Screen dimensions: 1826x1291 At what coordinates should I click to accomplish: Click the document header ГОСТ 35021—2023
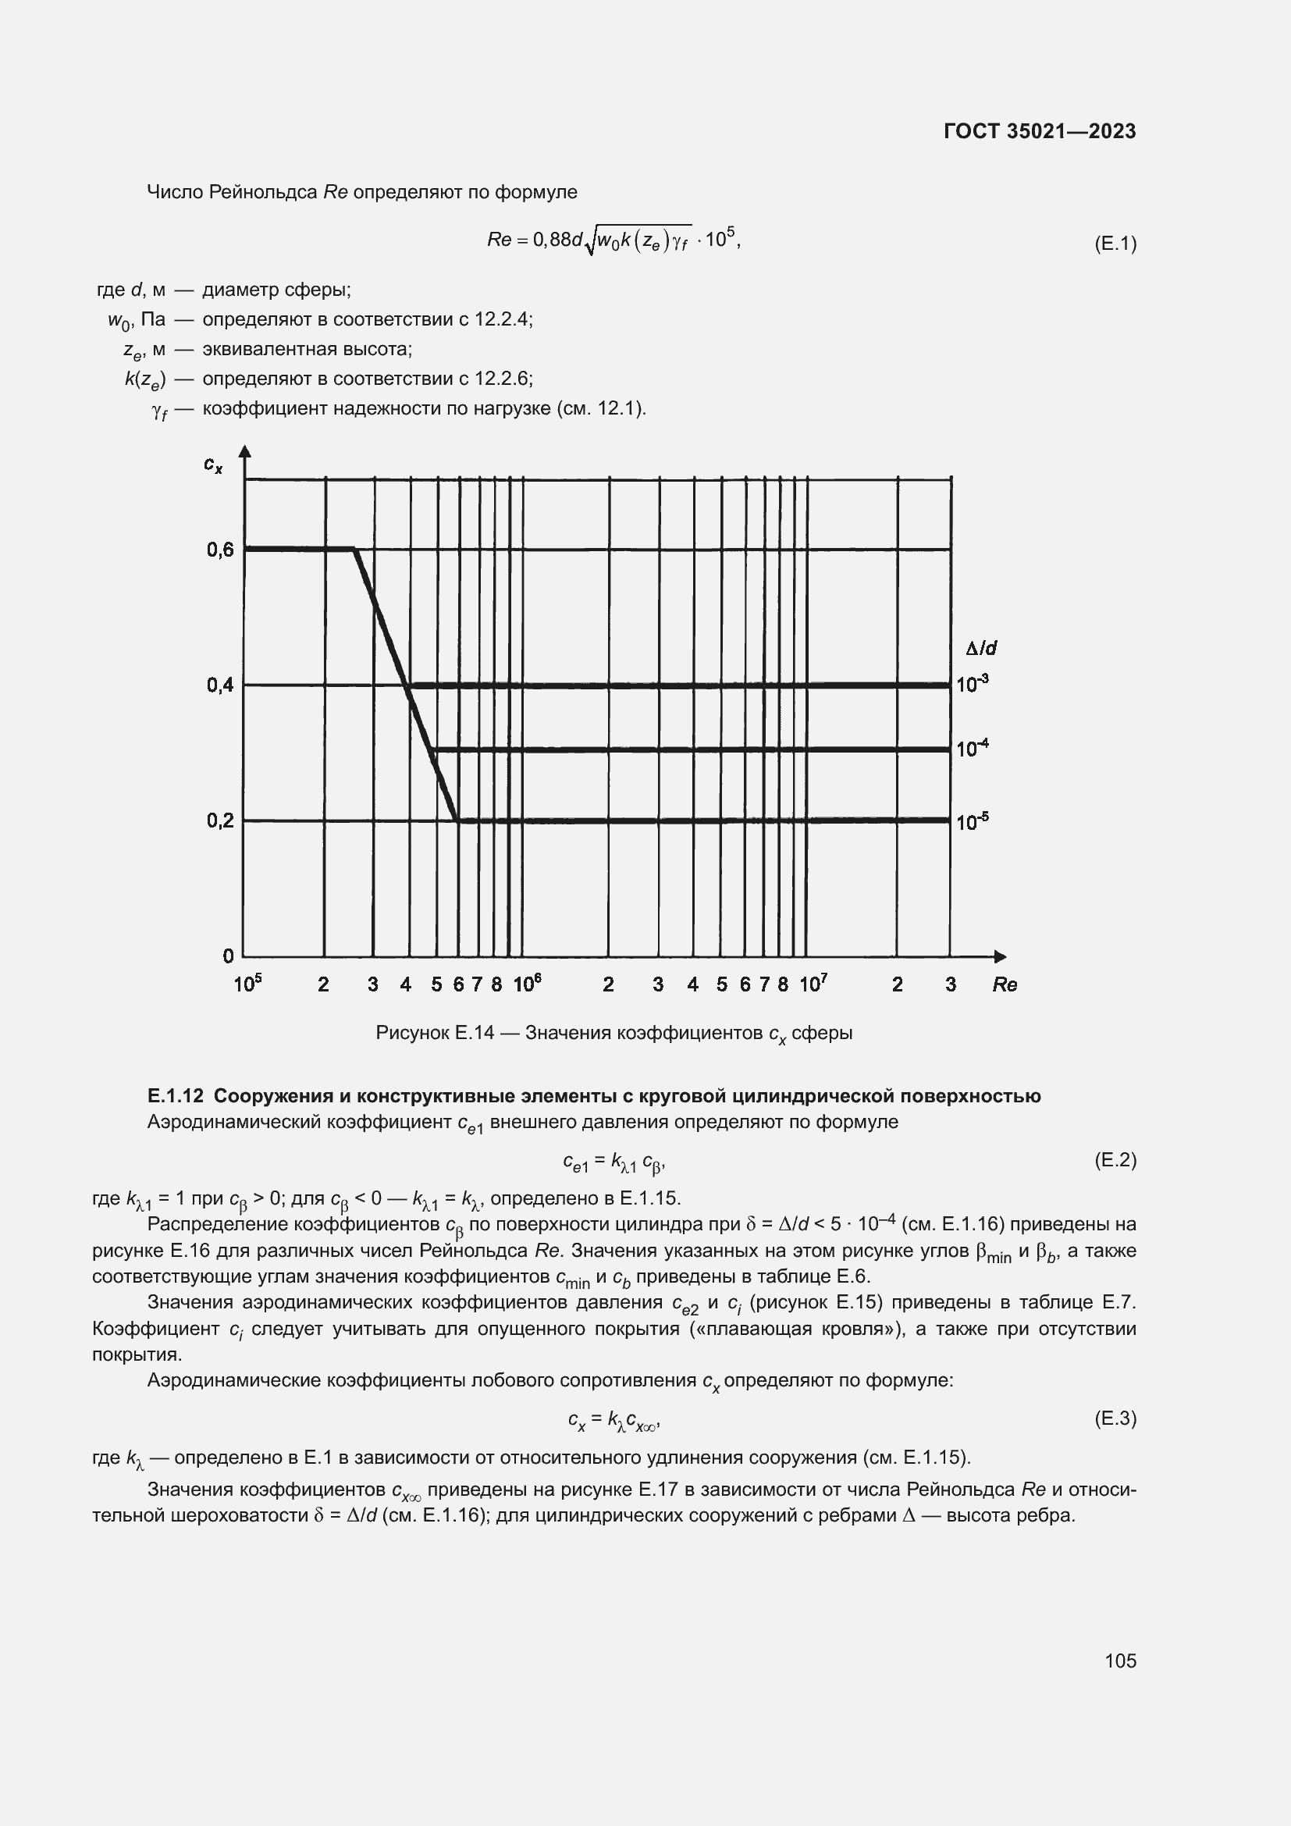pos(1039,131)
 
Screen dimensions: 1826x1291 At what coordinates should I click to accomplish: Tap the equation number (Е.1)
pos(1115,244)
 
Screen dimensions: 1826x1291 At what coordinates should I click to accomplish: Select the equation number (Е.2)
pos(1115,1160)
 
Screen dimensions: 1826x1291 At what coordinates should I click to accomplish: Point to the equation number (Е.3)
pos(1115,1418)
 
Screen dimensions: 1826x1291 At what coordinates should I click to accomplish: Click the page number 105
pos(1120,1660)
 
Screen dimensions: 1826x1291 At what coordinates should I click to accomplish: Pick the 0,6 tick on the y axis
pos(220,550)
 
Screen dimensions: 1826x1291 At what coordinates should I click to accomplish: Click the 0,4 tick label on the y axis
pos(220,685)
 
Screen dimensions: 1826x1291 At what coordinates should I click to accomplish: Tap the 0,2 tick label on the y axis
pos(220,820)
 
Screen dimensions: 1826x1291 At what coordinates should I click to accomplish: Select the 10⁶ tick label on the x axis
pos(527,984)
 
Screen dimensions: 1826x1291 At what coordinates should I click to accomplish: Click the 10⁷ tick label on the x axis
pos(813,984)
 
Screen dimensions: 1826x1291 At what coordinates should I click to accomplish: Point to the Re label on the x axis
pos(1004,984)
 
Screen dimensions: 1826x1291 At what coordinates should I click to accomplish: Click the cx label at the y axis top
pos(213,464)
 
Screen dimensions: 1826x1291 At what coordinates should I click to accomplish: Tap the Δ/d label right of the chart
pos(981,648)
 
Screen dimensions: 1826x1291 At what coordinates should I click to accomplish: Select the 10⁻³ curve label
pos(972,684)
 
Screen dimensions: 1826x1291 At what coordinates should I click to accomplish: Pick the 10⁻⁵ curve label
pos(972,821)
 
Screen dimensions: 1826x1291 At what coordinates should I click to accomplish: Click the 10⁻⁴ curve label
pos(972,749)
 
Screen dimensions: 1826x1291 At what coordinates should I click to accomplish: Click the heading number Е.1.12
pos(176,1096)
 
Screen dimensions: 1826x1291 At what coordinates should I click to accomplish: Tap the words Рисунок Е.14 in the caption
pos(434,1033)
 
